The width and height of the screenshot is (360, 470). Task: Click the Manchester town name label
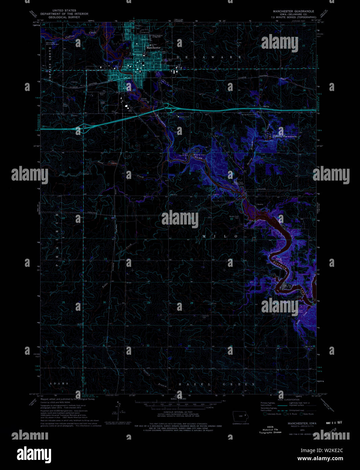click(153, 48)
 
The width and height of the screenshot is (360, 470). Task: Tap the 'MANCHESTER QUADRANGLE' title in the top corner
click(293, 11)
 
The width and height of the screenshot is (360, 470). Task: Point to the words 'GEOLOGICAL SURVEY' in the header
click(64, 17)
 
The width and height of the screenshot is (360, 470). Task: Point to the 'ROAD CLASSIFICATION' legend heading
click(289, 399)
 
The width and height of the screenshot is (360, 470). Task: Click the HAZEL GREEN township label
click(217, 384)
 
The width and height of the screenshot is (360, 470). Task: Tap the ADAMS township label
click(59, 383)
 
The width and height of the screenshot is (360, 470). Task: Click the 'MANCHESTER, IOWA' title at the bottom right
click(302, 423)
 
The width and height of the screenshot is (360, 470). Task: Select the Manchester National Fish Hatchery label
click(285, 136)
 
